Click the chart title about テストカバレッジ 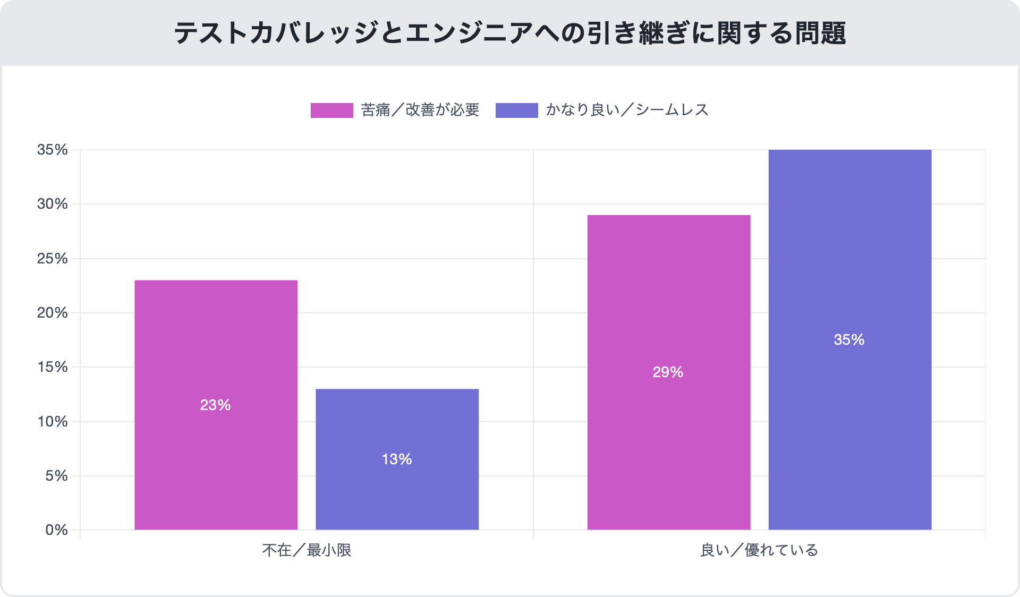pos(510,33)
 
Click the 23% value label pos(215,405)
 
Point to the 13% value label pos(397,459)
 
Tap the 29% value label pos(668,372)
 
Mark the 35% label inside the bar pos(849,340)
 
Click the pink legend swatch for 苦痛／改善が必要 pos(331,110)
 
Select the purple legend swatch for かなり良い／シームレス pos(516,110)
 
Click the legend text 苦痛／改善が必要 pos(420,110)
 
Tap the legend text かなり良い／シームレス pos(627,110)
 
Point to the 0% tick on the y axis pos(56,530)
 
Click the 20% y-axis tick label pos(53,313)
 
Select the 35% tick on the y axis pos(53,150)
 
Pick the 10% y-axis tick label pos(53,422)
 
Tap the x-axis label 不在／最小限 pos(307,550)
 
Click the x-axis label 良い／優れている pos(759,550)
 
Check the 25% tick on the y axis pos(53,259)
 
